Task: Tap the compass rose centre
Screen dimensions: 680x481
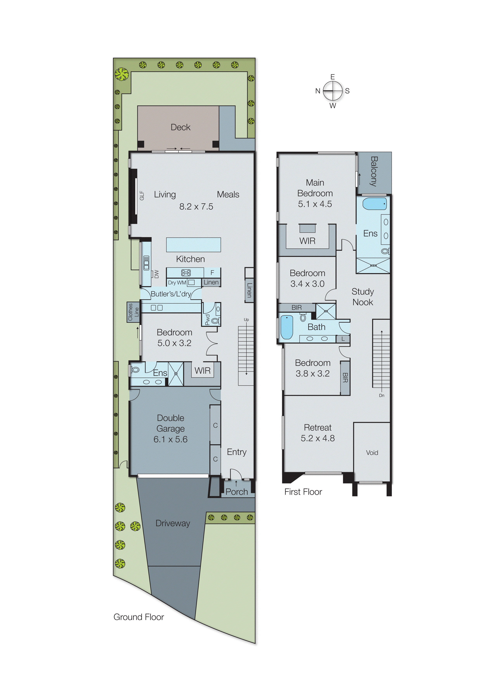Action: (332, 91)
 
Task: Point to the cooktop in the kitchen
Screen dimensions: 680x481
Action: (186, 273)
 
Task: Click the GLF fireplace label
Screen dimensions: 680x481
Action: (142, 195)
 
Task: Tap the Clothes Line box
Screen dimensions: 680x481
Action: (133, 312)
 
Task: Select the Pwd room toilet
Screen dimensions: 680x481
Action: (215, 321)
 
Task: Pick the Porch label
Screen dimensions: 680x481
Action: (236, 492)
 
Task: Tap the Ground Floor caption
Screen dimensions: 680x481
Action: (138, 617)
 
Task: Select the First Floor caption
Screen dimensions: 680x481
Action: (303, 492)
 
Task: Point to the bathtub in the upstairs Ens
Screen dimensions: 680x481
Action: (374, 204)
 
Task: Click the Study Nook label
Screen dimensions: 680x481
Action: (362, 297)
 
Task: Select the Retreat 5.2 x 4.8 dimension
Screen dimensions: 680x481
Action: (317, 438)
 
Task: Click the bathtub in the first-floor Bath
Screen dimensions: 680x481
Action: (287, 327)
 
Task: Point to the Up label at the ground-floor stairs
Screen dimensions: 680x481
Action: (246, 320)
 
